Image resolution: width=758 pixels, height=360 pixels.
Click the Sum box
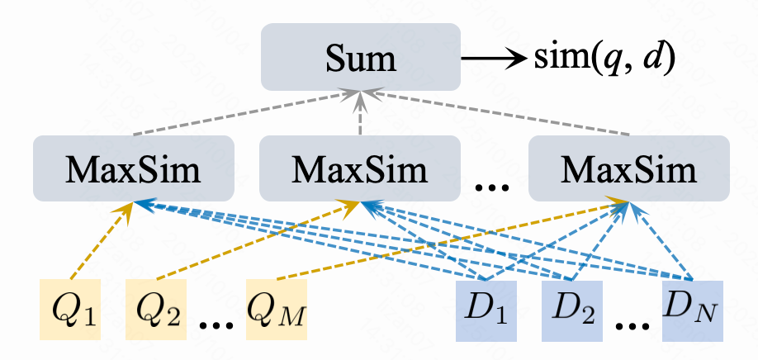tap(360, 56)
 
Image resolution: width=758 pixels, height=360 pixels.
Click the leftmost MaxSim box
tap(133, 169)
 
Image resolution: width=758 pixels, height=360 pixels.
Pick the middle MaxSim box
tap(358, 169)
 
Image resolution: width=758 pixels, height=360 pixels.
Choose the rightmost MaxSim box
tap(628, 169)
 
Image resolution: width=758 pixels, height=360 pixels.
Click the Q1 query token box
tap(70, 310)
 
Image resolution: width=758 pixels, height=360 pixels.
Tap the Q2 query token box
tap(156, 310)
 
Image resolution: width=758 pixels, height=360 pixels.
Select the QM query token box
tap(276, 310)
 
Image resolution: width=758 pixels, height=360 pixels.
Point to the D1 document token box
tap(486, 310)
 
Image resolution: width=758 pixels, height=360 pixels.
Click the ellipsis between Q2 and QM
tap(216, 322)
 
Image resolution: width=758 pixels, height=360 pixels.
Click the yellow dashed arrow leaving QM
tap(446, 239)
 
